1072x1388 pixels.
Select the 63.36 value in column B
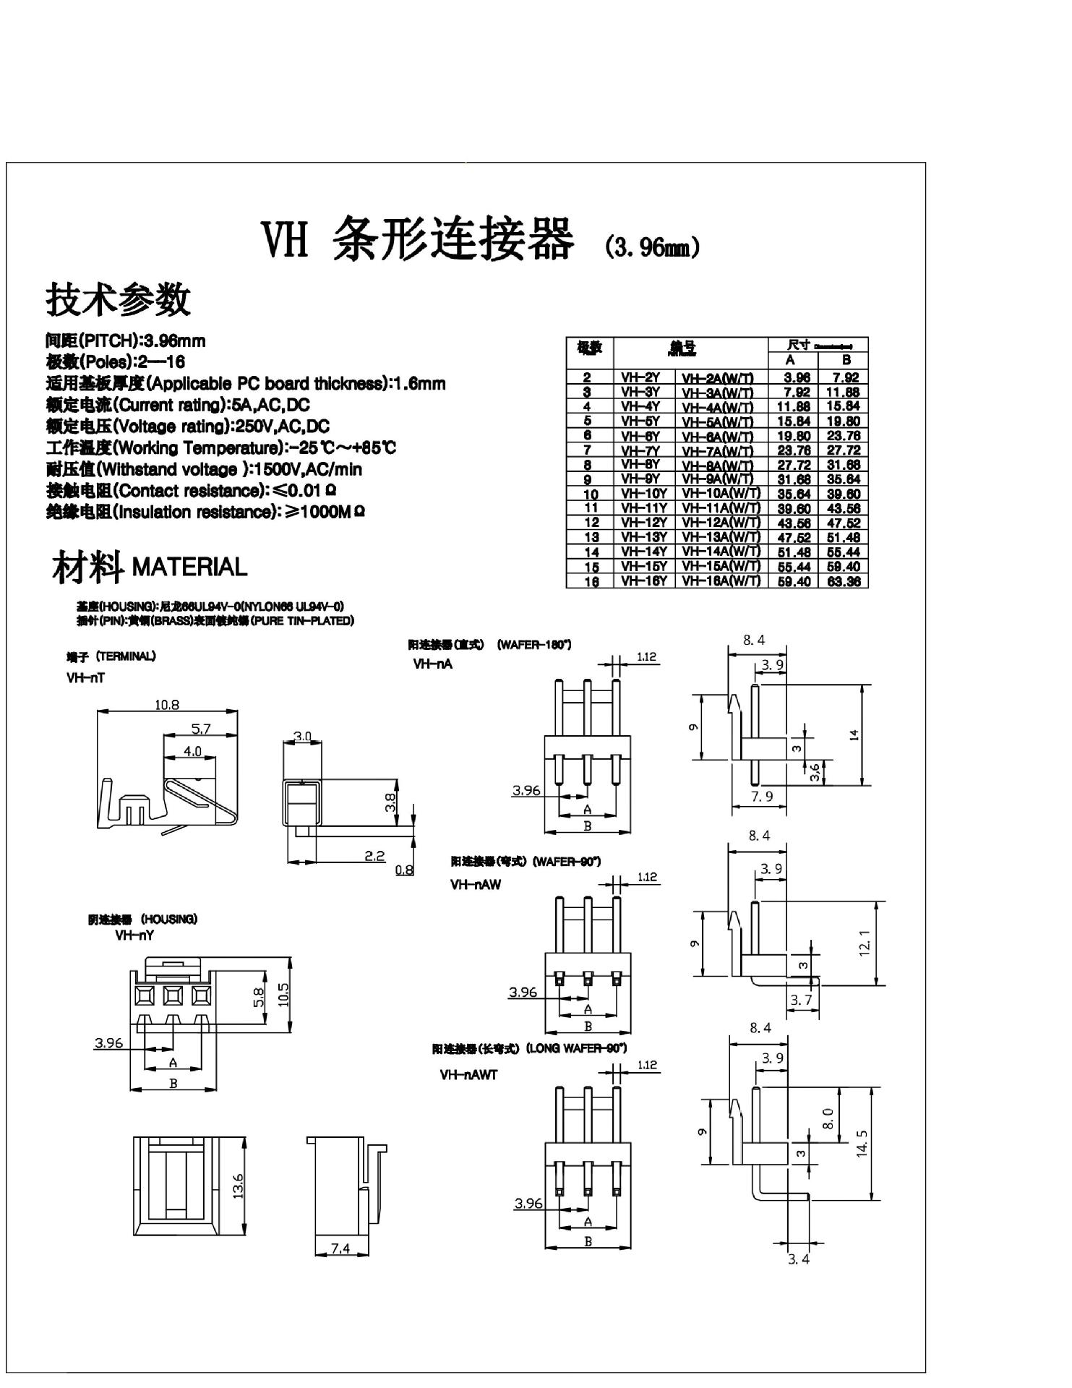coord(843,581)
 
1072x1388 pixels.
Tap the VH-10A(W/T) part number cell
coord(721,494)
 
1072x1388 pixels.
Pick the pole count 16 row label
coord(591,581)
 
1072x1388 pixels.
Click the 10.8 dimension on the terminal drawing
coord(167,704)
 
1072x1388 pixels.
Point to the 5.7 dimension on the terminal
coord(200,729)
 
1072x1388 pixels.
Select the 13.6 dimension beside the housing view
coord(239,1186)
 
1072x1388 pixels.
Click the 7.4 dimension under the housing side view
coord(340,1248)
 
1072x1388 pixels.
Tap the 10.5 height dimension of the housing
coord(283,995)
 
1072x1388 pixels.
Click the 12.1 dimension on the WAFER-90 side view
coord(865,943)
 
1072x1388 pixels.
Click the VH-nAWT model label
coord(468,1075)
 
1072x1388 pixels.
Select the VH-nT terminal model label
coord(85,678)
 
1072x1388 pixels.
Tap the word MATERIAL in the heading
coord(189,567)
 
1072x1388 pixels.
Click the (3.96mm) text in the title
coord(651,247)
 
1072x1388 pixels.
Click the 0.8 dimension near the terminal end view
coord(404,870)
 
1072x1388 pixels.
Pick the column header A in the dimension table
coord(790,360)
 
